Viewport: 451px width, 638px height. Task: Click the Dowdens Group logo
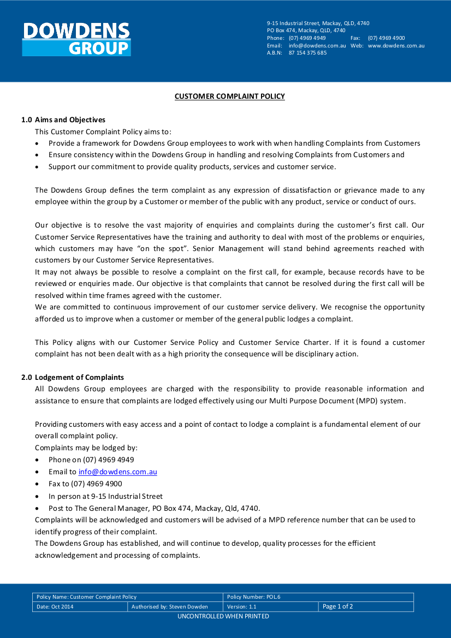pos(76,39)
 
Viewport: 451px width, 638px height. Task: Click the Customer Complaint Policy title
pos(229,97)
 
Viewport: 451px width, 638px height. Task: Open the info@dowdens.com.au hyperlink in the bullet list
pos(117,472)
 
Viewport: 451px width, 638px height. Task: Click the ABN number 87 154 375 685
pos(307,53)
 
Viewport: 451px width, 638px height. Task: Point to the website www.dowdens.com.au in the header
pos(396,46)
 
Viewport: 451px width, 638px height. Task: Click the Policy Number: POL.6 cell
pos(254,597)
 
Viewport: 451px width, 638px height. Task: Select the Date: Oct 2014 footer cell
pos(55,607)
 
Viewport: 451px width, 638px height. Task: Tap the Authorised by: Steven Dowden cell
pos(170,607)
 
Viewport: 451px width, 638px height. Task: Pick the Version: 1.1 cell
pos(242,607)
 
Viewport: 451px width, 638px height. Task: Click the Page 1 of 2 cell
pos(338,606)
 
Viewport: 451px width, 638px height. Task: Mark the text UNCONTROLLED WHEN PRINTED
pos(223,616)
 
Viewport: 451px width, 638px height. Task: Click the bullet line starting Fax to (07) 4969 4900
pos(85,484)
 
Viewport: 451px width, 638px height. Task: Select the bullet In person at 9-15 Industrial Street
pos(105,496)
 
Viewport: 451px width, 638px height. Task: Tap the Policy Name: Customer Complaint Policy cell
pos(87,597)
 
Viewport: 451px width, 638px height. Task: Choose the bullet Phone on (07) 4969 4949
pos(91,460)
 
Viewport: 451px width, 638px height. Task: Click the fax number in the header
pos(386,38)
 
